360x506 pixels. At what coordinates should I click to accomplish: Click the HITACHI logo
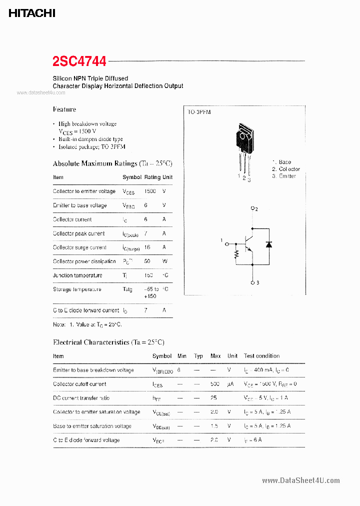click(x=31, y=13)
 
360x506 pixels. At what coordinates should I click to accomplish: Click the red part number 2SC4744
click(x=79, y=61)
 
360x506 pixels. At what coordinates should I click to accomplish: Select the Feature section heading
click(x=64, y=109)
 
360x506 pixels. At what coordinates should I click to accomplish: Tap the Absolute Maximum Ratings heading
click(x=112, y=163)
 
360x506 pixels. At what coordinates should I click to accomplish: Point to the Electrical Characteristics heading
click(x=108, y=342)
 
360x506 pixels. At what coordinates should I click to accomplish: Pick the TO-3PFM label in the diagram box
click(x=199, y=113)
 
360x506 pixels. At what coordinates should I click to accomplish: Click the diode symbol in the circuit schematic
click(x=268, y=244)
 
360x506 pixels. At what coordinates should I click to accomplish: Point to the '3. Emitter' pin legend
click(x=284, y=176)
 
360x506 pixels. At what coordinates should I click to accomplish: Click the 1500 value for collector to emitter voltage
click(x=150, y=191)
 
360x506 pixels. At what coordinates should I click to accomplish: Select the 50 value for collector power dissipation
click(x=147, y=261)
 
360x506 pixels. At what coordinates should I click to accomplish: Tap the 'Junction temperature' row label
click(x=77, y=275)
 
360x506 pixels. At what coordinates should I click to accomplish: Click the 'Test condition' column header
click(x=261, y=356)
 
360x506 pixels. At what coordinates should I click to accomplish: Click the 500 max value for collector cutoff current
click(x=215, y=384)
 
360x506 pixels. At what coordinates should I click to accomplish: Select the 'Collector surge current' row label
click(x=79, y=247)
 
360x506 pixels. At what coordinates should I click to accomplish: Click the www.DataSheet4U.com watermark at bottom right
click(x=300, y=480)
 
